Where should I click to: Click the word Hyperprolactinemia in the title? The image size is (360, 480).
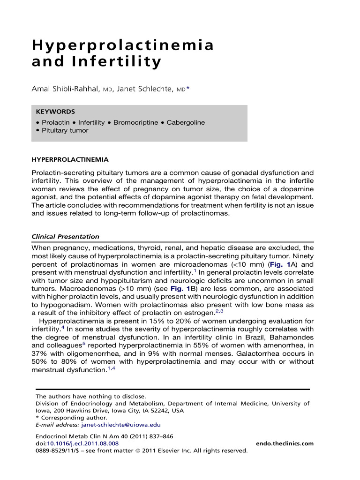click(x=123, y=45)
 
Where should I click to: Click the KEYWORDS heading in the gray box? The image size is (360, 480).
click(x=55, y=112)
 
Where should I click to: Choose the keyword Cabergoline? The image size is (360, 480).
click(x=186, y=123)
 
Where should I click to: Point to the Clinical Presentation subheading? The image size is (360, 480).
click(x=65, y=237)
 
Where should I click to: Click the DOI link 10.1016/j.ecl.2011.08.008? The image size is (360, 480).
click(x=83, y=443)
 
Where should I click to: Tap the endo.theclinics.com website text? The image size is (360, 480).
click(x=285, y=443)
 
